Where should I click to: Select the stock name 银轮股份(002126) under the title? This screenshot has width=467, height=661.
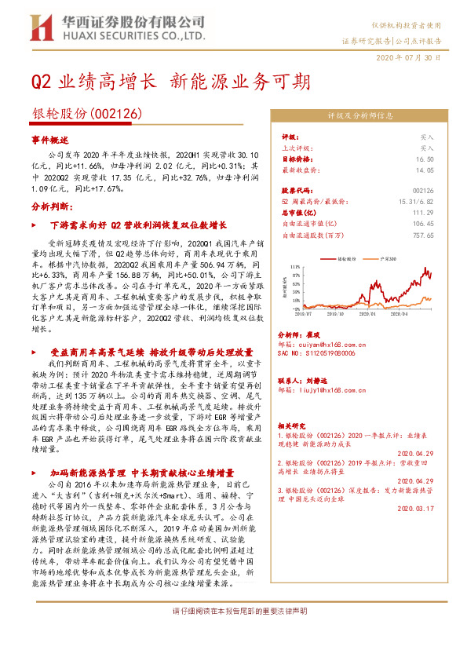coord(86,114)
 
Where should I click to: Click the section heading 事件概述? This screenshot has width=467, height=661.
coord(50,138)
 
